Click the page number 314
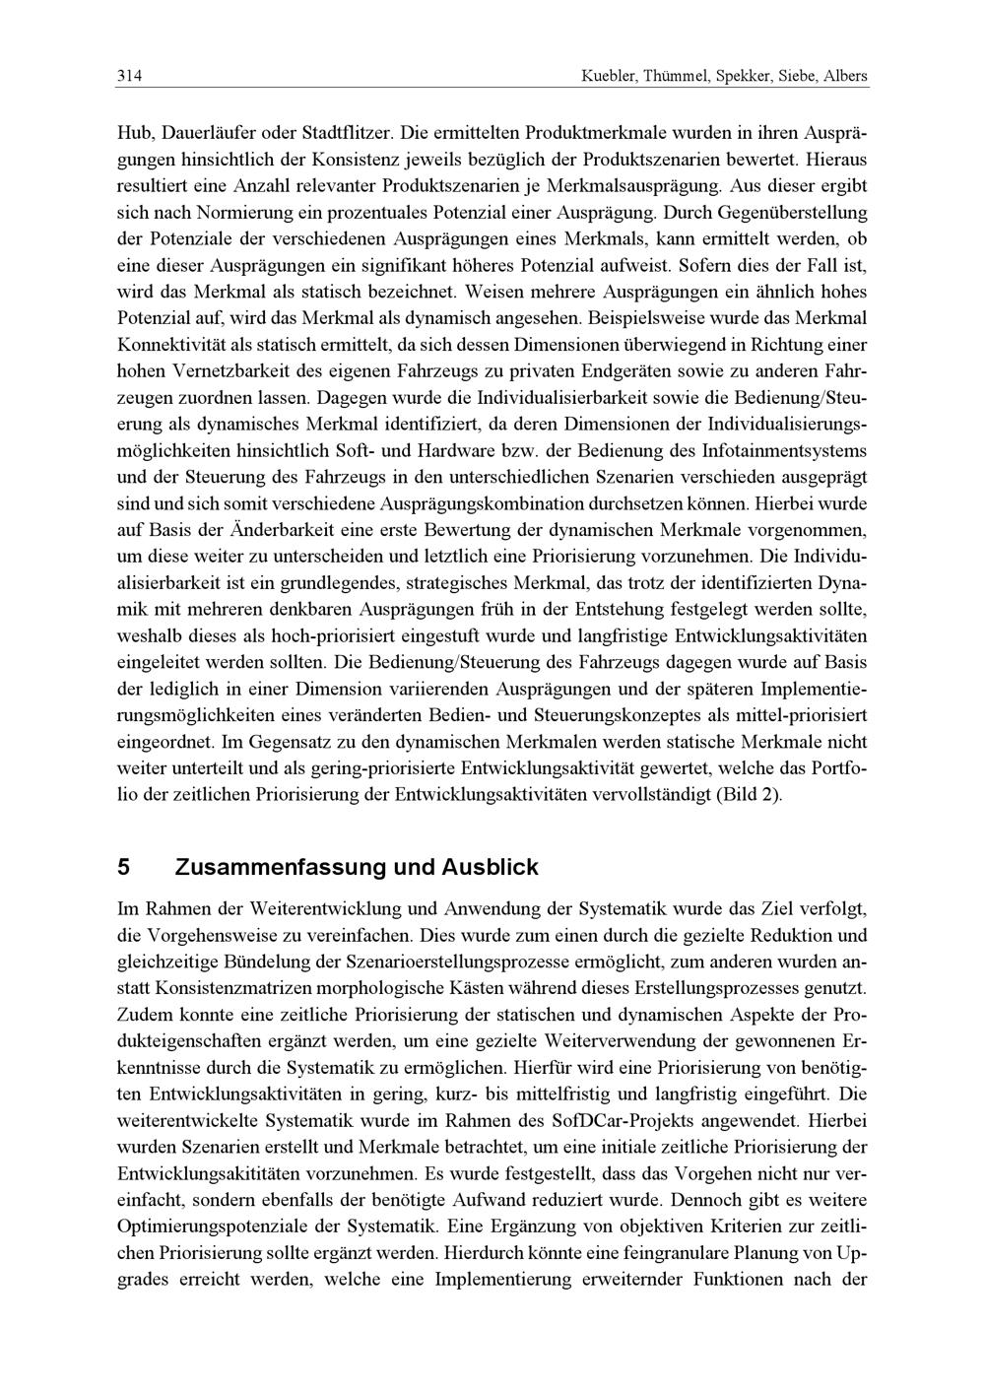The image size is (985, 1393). (x=129, y=76)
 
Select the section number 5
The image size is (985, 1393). (x=123, y=868)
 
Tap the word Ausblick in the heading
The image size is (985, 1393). (x=491, y=868)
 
